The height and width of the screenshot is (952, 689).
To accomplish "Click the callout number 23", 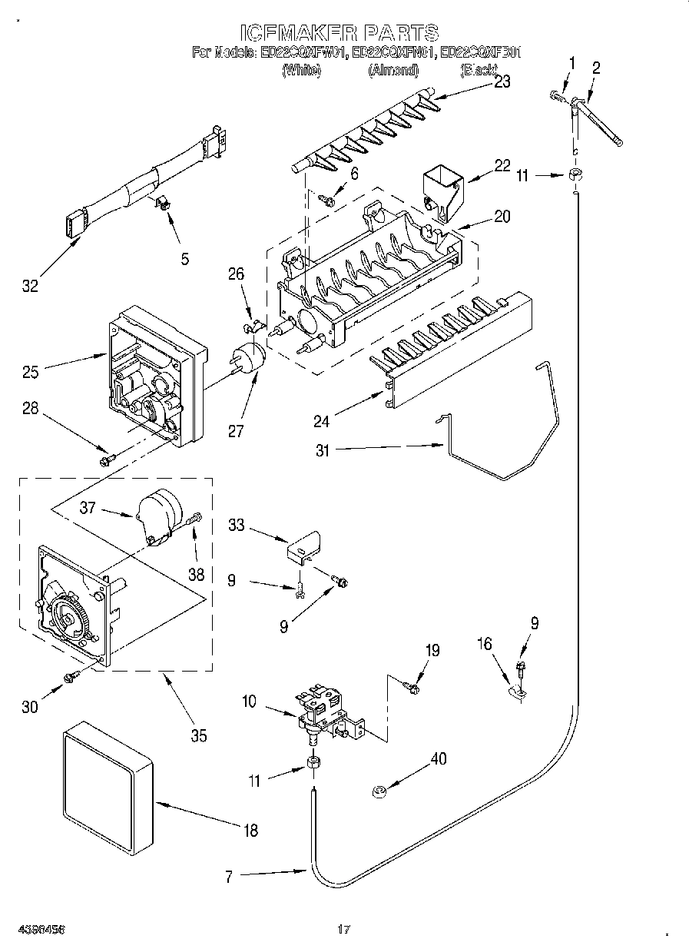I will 502,82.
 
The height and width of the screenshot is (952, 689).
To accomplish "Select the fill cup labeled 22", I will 442,187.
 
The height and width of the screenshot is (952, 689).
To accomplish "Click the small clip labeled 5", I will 164,203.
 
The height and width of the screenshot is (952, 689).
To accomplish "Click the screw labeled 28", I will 107,459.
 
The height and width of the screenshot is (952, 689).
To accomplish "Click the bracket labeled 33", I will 303,546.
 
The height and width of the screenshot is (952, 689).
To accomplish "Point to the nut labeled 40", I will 379,790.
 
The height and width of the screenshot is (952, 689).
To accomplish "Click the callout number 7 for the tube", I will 228,876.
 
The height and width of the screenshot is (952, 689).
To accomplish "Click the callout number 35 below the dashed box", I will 198,735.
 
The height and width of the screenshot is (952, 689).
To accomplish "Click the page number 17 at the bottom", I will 343,930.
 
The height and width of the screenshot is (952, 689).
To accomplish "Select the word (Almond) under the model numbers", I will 393,71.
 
